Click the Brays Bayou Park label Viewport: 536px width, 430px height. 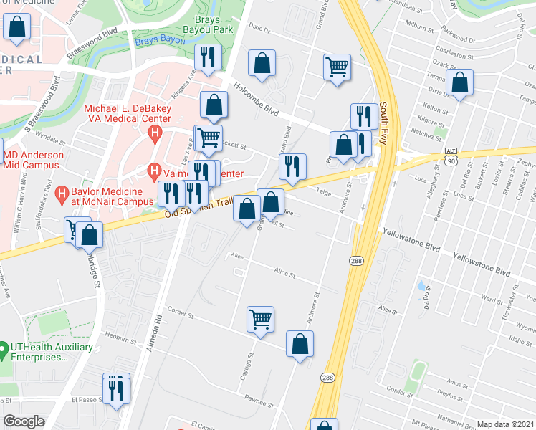tap(214, 24)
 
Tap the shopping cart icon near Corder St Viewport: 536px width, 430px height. tap(260, 320)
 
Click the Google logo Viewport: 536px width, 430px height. tap(24, 421)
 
